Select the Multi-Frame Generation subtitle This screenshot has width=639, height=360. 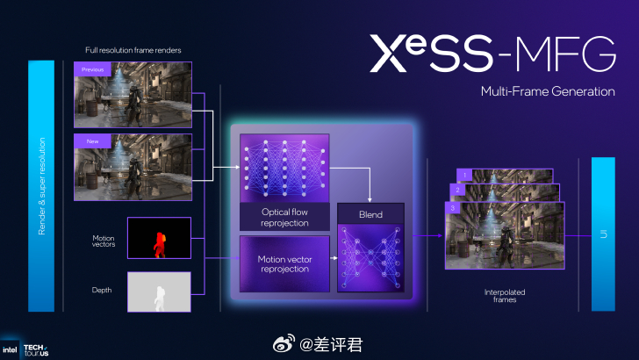(x=548, y=91)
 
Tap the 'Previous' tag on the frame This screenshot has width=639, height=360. (x=92, y=68)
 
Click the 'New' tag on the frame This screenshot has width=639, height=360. (x=88, y=140)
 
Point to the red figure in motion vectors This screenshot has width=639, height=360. (x=159, y=243)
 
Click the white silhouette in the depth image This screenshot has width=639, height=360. (x=159, y=293)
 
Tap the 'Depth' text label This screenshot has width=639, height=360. (x=102, y=290)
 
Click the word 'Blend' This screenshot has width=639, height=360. (x=371, y=213)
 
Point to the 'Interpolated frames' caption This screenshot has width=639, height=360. (x=499, y=295)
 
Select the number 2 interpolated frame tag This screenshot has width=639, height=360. (x=456, y=190)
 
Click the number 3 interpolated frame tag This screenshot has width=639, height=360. (x=449, y=208)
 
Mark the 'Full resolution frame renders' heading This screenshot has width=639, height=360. (x=133, y=51)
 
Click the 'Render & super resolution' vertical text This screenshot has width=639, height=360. (x=41, y=185)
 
